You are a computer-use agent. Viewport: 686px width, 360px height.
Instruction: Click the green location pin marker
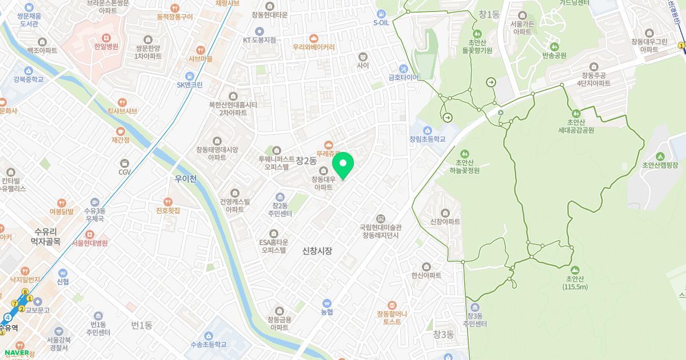pos(343,165)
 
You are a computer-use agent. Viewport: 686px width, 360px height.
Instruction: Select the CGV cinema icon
pos(125,163)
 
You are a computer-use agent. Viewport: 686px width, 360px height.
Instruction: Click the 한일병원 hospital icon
pos(106,38)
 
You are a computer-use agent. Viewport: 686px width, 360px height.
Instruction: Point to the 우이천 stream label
pos(186,179)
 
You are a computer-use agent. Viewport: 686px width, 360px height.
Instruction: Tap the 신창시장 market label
pos(317,251)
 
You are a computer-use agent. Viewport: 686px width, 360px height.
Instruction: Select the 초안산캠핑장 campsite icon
pos(660,157)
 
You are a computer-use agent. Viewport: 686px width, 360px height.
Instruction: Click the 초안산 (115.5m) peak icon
pos(575,270)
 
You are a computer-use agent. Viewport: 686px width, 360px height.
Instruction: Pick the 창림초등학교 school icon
pos(427,130)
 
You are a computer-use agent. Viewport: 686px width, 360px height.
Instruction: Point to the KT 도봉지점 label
pos(259,40)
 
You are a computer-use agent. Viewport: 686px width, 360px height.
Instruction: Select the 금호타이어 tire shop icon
pos(404,69)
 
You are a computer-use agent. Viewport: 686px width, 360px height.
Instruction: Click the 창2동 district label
pos(306,161)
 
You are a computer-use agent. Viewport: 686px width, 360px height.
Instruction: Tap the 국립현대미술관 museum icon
pos(381,219)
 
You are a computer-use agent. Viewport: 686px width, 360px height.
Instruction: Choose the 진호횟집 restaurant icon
pos(168,202)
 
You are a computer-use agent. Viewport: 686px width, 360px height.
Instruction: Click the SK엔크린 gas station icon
pos(189,76)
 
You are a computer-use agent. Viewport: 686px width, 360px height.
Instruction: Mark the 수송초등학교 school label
pos(208,345)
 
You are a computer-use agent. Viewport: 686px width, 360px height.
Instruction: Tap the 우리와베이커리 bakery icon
pos(313,38)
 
